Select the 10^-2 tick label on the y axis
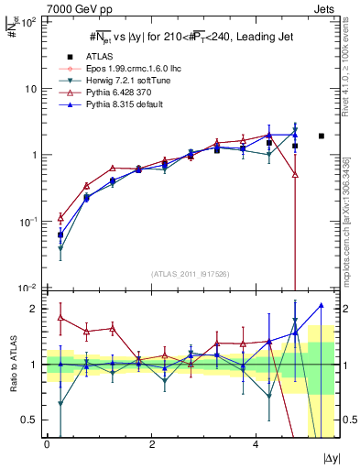point(27,288)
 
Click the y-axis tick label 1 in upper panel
point(34,155)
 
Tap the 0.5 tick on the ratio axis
point(29,420)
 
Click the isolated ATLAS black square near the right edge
point(322,136)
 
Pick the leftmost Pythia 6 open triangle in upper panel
point(60,218)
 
